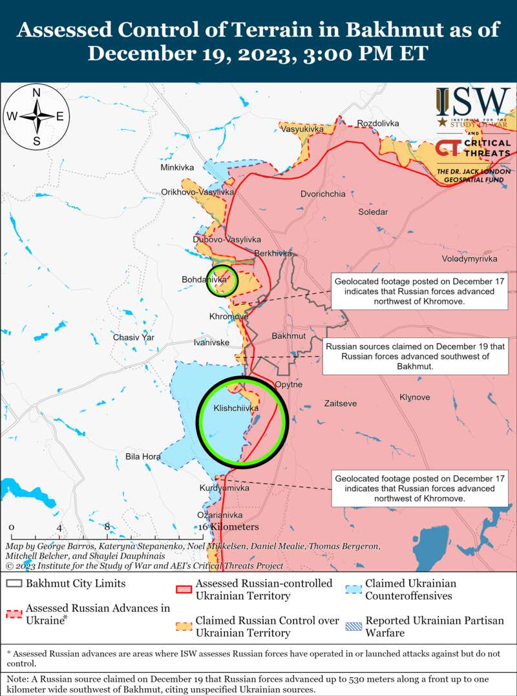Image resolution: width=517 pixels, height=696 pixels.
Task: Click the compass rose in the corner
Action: (x=37, y=116)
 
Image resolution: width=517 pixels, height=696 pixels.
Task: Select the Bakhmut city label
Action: (x=289, y=337)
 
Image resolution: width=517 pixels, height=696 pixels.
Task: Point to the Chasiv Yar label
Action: (x=134, y=337)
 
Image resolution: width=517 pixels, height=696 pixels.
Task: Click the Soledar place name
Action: (x=374, y=211)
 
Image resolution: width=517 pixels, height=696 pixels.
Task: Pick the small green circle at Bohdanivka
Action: (x=222, y=280)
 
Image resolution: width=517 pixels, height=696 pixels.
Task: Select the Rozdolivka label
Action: (x=378, y=123)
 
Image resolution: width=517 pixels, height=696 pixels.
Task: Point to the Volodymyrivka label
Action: (x=469, y=258)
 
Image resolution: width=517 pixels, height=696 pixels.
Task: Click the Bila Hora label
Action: (x=143, y=457)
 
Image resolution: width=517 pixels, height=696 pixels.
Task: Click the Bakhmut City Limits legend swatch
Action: (x=14, y=584)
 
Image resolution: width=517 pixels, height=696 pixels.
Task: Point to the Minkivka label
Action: (x=177, y=167)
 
